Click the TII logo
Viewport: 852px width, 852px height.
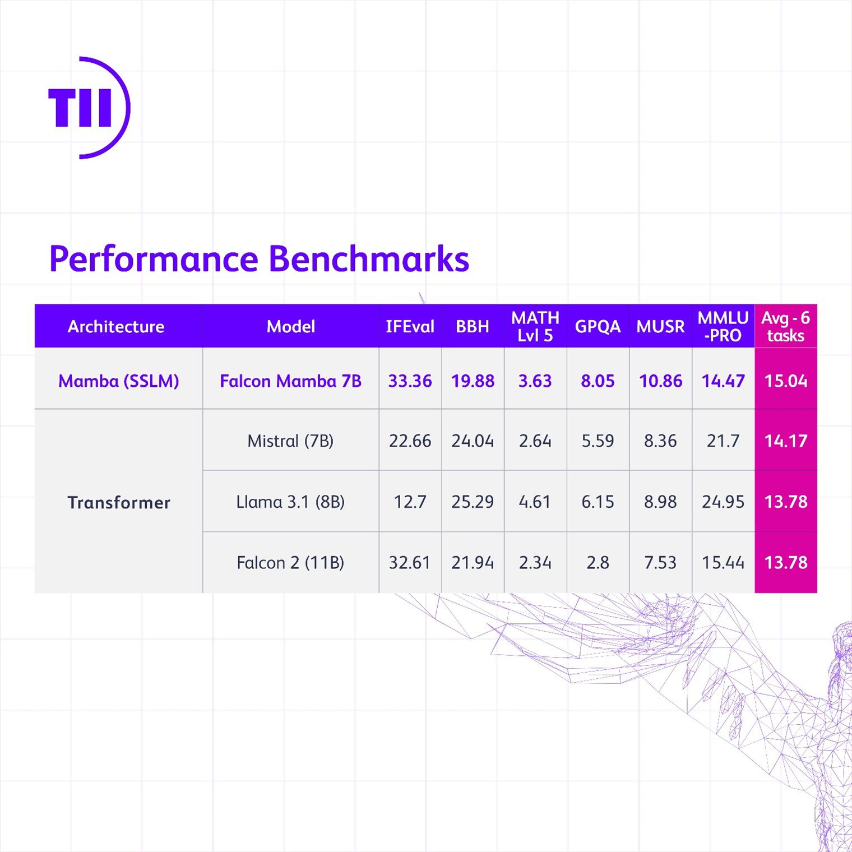[89, 108]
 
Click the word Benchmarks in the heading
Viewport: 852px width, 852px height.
[368, 259]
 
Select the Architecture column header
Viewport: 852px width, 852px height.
[116, 327]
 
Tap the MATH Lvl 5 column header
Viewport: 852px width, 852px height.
[535, 327]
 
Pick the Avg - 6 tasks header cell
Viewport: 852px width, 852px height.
[785, 327]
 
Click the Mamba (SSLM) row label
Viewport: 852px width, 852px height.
[119, 381]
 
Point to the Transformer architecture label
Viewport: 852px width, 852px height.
[119, 502]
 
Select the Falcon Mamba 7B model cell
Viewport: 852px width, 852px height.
[290, 381]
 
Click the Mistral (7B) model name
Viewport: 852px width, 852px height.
[290, 441]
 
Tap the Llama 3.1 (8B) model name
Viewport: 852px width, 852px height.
[290, 502]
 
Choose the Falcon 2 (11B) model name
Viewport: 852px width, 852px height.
[290, 562]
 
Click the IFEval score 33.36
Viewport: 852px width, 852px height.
[410, 381]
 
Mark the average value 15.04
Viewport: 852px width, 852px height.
[785, 381]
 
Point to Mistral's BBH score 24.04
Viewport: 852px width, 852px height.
[473, 441]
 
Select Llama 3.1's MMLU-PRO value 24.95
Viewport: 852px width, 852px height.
[723, 502]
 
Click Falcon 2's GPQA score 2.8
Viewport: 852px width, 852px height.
[598, 562]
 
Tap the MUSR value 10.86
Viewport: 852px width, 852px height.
[660, 381]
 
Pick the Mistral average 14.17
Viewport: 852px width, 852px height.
[785, 441]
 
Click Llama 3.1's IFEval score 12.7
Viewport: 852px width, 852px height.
[410, 502]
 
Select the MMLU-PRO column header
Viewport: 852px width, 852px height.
[723, 327]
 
